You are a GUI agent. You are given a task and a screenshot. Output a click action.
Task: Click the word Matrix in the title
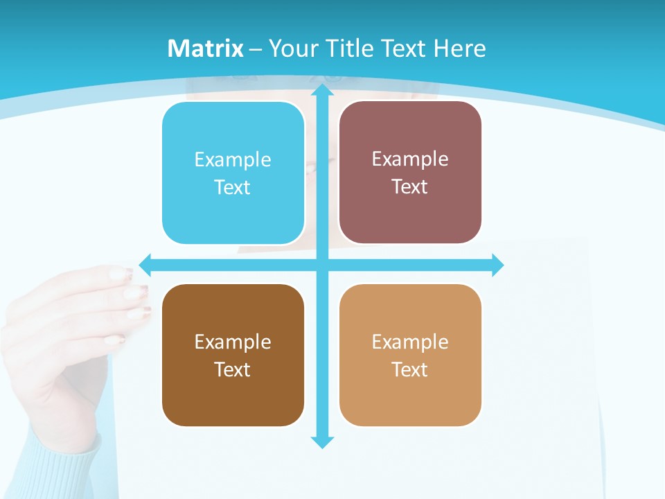(205, 49)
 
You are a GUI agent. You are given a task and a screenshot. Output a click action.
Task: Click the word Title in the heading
(346, 49)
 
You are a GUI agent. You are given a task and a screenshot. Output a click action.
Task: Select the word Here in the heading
(460, 49)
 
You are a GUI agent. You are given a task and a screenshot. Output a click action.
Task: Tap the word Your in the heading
(292, 49)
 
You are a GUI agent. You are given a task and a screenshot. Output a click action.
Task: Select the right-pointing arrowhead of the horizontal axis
(497, 265)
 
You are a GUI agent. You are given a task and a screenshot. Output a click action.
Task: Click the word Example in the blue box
(233, 160)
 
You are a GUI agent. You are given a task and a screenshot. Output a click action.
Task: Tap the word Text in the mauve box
(410, 187)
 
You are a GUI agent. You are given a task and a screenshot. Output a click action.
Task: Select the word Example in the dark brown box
(233, 342)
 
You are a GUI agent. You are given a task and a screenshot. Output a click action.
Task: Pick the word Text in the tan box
(410, 370)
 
